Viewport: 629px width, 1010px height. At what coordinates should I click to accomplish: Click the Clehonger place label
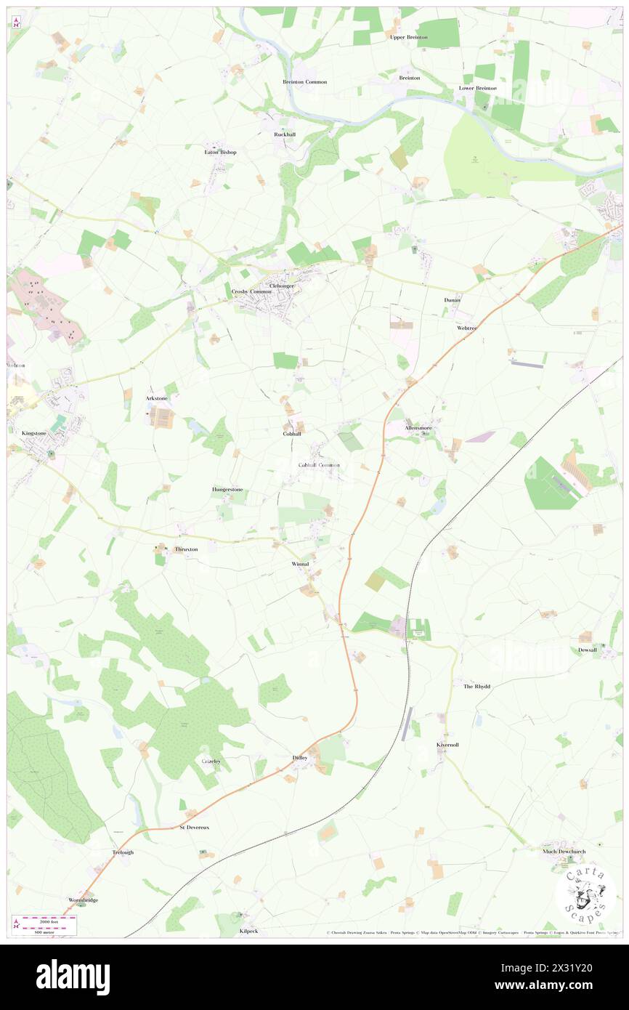(x=282, y=286)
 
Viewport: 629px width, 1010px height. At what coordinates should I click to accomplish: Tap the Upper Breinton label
(x=408, y=37)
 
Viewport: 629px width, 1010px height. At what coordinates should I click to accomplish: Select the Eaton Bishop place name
(x=220, y=153)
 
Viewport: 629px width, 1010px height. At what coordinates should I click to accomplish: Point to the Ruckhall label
(x=284, y=134)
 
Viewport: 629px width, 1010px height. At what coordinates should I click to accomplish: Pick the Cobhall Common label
(x=319, y=465)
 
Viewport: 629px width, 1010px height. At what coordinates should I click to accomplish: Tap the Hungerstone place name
(x=227, y=490)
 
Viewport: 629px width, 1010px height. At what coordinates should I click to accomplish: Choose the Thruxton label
(x=186, y=549)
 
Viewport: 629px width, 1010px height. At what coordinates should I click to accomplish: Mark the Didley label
(x=301, y=758)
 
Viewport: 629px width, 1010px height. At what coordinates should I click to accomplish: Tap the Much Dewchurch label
(x=564, y=851)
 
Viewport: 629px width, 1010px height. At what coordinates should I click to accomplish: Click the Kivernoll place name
(x=447, y=746)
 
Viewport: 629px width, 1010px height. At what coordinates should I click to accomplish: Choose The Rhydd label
(x=476, y=686)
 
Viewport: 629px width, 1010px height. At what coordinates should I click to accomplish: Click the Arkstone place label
(x=156, y=398)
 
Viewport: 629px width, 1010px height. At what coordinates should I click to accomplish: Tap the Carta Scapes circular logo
(x=585, y=894)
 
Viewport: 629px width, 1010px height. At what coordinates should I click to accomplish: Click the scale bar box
(x=45, y=924)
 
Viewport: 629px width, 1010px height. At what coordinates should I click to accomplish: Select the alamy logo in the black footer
(x=73, y=977)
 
